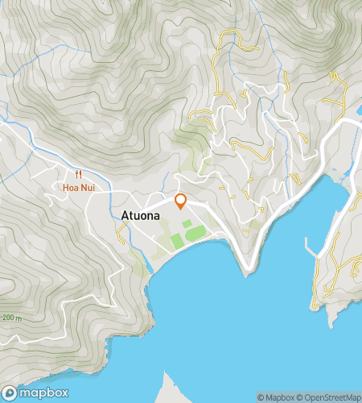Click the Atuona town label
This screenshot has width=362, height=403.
[140, 215]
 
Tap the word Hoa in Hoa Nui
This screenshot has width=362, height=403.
[70, 187]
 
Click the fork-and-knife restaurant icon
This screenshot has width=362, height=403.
[78, 173]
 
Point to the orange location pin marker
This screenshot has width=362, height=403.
[180, 201]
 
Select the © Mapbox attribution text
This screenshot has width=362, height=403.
[275, 397]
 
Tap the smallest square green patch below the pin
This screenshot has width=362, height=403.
[187, 223]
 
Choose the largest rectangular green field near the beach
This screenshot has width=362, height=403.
[178, 241]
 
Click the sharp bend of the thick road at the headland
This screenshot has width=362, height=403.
[250, 266]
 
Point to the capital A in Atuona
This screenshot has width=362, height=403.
[125, 215]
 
